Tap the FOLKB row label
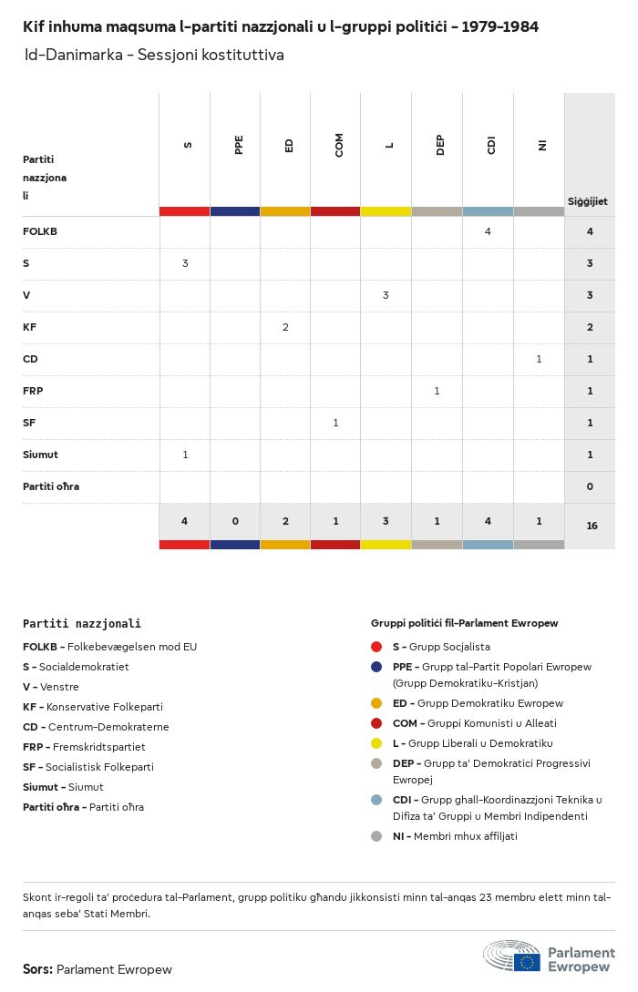click(x=40, y=231)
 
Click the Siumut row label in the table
click(x=40, y=455)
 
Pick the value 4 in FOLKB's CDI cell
click(x=488, y=231)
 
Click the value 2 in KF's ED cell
click(x=285, y=327)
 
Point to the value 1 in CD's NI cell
click(x=539, y=359)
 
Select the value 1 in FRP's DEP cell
click(x=437, y=391)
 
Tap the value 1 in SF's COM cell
click(x=335, y=423)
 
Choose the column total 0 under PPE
click(x=235, y=521)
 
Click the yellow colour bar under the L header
click(x=386, y=211)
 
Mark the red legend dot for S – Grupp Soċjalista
click(x=376, y=647)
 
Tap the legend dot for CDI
click(x=376, y=800)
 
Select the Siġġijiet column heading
click(x=588, y=201)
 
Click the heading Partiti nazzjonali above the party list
click(x=82, y=624)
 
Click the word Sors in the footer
click(x=36, y=969)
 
